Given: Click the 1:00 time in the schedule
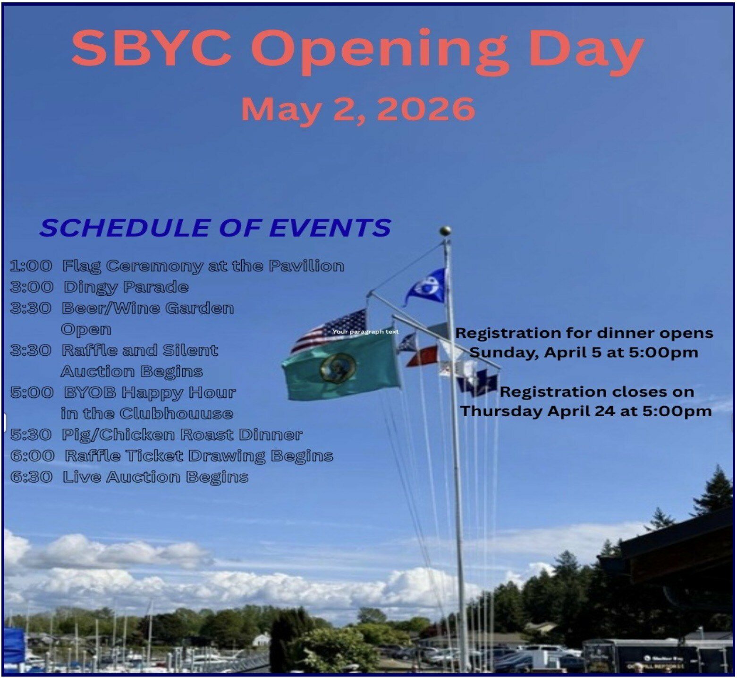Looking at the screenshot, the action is (x=31, y=266).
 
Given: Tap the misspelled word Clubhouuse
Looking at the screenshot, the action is (x=176, y=413).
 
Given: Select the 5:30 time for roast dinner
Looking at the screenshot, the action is (x=31, y=435).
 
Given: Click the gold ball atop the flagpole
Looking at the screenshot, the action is (x=445, y=231).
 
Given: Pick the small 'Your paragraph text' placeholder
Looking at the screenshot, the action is (x=365, y=332).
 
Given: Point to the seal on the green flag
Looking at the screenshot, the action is (x=338, y=368).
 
